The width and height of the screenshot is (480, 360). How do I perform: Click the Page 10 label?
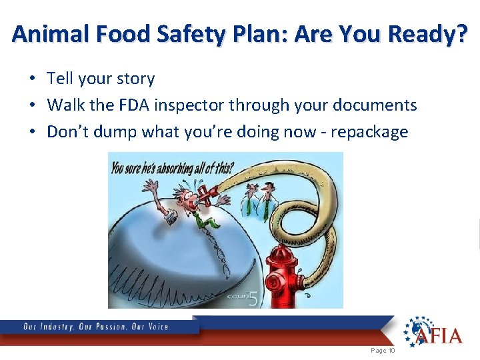point(383,351)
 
